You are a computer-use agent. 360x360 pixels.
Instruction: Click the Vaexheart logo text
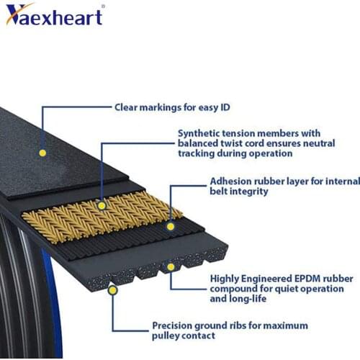click(54, 14)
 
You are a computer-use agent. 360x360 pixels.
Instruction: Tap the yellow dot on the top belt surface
click(42, 153)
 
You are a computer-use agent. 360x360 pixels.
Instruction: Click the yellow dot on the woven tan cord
click(102, 205)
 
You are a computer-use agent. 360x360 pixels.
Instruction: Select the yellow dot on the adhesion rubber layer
click(171, 225)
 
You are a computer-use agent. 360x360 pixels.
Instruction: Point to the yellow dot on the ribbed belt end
click(171, 266)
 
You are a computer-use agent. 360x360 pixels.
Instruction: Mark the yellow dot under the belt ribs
click(112, 289)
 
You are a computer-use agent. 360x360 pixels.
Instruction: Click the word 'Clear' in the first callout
click(127, 107)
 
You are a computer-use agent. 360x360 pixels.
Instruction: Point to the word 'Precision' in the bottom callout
click(174, 325)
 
